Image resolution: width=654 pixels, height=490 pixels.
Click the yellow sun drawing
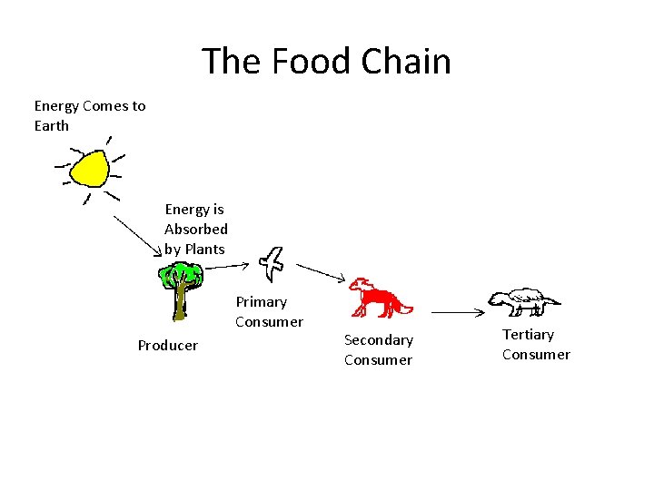[x=90, y=168]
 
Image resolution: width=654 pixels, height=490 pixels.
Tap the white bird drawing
[x=271, y=263]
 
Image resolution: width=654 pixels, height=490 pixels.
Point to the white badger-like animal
[x=523, y=299]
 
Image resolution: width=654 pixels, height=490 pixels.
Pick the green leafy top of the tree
[x=182, y=274]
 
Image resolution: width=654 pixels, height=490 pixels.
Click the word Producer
[x=167, y=346]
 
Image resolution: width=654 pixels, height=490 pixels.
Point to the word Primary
[x=261, y=302]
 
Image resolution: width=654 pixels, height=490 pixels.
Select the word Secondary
[x=378, y=340]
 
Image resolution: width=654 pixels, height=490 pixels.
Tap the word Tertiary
[x=528, y=335]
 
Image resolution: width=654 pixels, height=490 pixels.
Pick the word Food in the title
[x=307, y=62]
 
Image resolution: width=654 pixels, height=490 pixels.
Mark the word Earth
[x=52, y=126]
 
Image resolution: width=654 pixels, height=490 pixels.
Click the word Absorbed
[x=195, y=230]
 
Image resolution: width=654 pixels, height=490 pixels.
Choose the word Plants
[x=203, y=250]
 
